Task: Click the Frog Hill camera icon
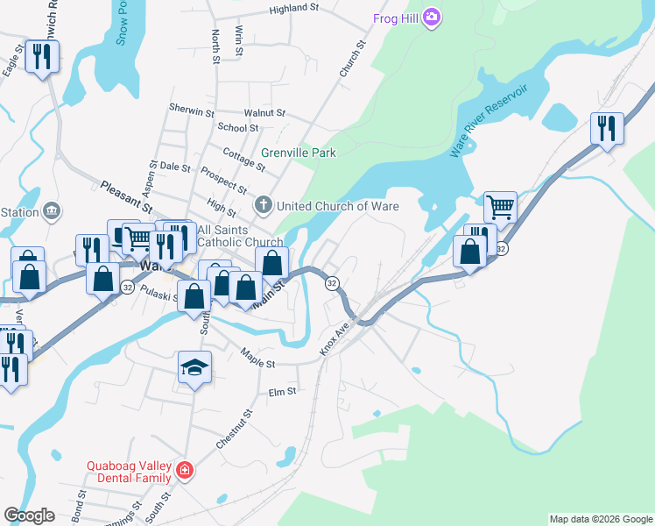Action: pyautogui.click(x=431, y=18)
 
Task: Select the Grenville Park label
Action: pyautogui.click(x=299, y=153)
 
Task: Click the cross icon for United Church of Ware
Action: pyautogui.click(x=263, y=206)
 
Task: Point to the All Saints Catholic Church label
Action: pyautogui.click(x=240, y=236)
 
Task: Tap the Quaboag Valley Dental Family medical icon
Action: pyautogui.click(x=184, y=471)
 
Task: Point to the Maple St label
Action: pyautogui.click(x=258, y=358)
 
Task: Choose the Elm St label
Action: pyautogui.click(x=283, y=392)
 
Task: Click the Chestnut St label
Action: pyautogui.click(x=235, y=429)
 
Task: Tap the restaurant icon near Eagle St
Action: pyautogui.click(x=41, y=57)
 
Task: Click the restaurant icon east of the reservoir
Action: pyautogui.click(x=606, y=128)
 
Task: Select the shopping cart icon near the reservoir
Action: pyautogui.click(x=500, y=208)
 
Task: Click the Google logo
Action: pyautogui.click(x=29, y=515)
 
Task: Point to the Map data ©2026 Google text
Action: pyautogui.click(x=600, y=519)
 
